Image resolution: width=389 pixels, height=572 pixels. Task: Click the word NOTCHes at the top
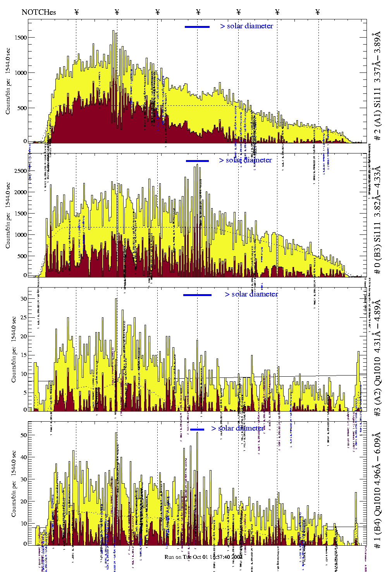coord(38,12)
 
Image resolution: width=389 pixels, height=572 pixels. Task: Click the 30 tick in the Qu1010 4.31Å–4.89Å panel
coord(24,299)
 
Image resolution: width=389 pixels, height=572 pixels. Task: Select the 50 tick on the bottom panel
coord(24,435)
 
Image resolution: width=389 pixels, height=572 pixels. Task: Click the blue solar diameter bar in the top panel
coord(197,27)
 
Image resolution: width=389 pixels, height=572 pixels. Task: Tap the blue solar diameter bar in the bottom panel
coord(197,429)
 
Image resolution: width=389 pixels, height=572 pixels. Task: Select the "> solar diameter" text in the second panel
coord(245,160)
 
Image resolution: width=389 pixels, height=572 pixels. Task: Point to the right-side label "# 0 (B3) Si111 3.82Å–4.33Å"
coord(377,220)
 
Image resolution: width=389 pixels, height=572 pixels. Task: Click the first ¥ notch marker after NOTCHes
coord(77,12)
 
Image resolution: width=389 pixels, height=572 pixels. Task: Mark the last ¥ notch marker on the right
coord(318,12)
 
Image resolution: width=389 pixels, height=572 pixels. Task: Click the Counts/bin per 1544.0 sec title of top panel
coord(8,81)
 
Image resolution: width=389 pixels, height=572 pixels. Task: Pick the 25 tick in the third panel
coord(24,318)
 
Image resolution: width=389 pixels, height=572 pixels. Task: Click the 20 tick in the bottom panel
coord(24,501)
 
